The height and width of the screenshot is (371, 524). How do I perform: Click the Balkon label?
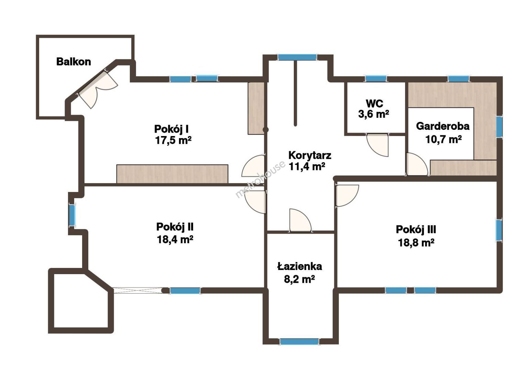click(74, 62)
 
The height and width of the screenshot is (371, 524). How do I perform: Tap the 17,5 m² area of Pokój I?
click(173, 140)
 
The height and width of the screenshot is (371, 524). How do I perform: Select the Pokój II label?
click(175, 227)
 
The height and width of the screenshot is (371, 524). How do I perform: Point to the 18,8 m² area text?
click(416, 243)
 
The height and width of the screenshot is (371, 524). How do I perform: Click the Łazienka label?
click(299, 267)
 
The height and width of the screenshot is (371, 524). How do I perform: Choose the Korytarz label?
click(310, 155)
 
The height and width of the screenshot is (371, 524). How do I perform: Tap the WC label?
click(374, 103)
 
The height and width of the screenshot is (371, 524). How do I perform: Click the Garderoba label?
click(443, 126)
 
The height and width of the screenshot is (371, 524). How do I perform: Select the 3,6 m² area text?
click(374, 114)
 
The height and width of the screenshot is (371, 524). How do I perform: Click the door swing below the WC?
click(377, 145)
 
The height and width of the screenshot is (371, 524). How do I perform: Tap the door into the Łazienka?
click(300, 221)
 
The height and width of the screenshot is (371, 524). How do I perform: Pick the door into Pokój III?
click(347, 196)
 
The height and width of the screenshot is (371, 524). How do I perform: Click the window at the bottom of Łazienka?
click(299, 341)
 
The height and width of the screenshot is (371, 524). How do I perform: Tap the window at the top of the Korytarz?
click(297, 57)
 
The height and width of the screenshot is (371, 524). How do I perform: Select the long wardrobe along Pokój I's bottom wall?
click(172, 174)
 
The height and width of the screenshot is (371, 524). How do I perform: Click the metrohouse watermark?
click(260, 179)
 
